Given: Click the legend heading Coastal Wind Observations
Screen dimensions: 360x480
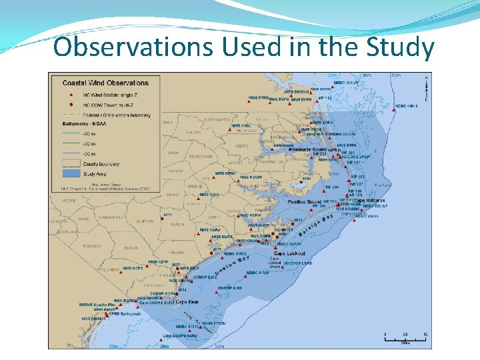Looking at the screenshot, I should coord(105,83).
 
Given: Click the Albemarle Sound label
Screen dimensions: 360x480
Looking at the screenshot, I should coord(308,150).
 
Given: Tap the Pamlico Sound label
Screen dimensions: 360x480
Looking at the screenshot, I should coord(305,201).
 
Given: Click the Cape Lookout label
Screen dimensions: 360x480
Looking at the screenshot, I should coord(289,254).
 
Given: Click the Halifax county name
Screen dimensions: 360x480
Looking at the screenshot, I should coord(176,132).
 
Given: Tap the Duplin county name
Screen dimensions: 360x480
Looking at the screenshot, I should coord(177,225).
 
